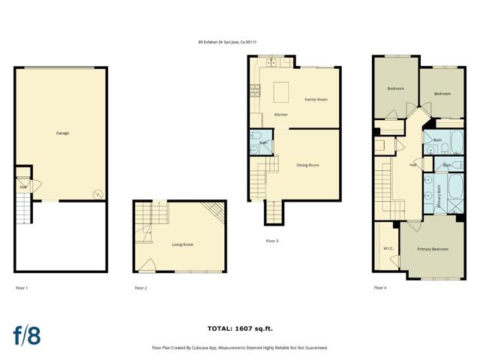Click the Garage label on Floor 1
point(62,133)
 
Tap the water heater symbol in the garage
point(96,195)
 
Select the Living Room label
point(181,244)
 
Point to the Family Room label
point(316,100)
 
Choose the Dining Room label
point(307,165)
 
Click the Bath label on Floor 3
point(263,142)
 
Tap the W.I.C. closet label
point(388,248)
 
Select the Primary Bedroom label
point(432,248)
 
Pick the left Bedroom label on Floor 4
point(395,88)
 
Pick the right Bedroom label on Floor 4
point(442,94)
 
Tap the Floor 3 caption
point(272,241)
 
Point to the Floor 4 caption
point(380,287)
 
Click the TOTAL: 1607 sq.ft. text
point(239,328)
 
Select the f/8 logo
point(26,335)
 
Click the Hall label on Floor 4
point(412,165)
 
